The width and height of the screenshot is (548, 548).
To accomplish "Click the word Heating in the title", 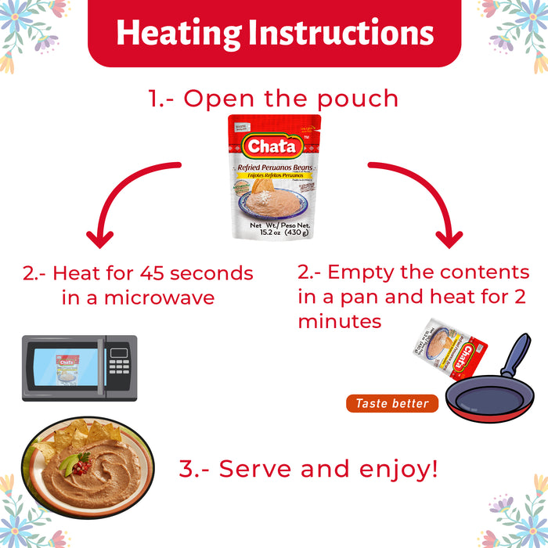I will tap(178, 33).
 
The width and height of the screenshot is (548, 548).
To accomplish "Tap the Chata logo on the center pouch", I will tap(273, 146).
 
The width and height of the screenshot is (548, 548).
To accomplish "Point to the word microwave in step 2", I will tap(166, 298).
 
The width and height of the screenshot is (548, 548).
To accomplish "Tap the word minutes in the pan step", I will tap(340, 322).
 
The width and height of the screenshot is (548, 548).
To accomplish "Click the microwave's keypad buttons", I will tap(119, 367).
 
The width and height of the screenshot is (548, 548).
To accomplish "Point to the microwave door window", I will tap(67, 368).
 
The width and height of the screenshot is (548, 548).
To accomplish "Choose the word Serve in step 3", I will tap(258, 469).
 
